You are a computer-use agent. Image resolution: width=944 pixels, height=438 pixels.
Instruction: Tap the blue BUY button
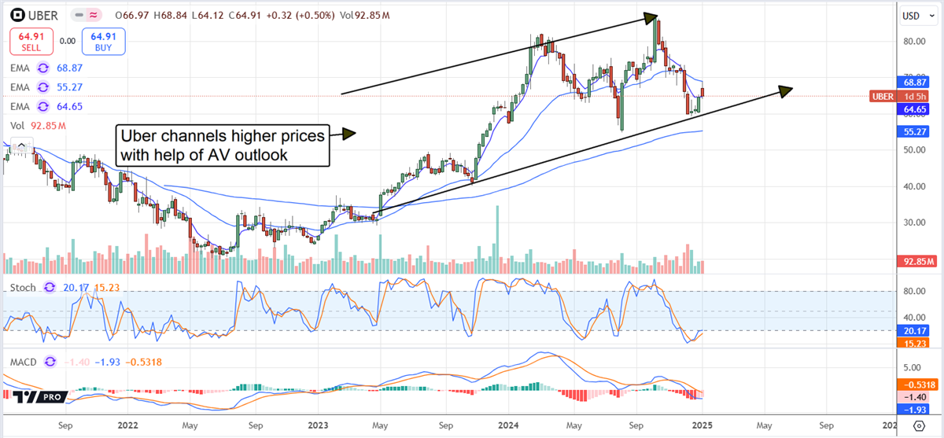pyautogui.click(x=102, y=40)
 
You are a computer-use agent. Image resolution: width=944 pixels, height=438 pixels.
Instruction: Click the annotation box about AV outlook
pyautogui.click(x=222, y=145)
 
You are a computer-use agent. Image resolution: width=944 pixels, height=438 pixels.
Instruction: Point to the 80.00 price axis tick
pyautogui.click(x=912, y=42)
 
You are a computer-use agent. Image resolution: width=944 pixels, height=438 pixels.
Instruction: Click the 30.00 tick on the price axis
pyautogui.click(x=912, y=223)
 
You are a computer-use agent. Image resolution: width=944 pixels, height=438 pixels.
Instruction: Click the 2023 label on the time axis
pyautogui.click(x=317, y=425)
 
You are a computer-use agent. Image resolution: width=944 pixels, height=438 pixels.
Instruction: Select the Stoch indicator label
pyautogui.click(x=22, y=288)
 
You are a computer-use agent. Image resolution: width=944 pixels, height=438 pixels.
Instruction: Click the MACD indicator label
pyautogui.click(x=24, y=361)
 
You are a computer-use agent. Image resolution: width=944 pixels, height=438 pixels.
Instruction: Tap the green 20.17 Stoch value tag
pyautogui.click(x=913, y=330)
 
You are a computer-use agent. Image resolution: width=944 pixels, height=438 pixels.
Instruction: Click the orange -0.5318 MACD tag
pyautogui.click(x=917, y=385)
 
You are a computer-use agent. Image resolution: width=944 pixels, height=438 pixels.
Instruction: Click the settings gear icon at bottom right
pyautogui.click(x=919, y=425)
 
